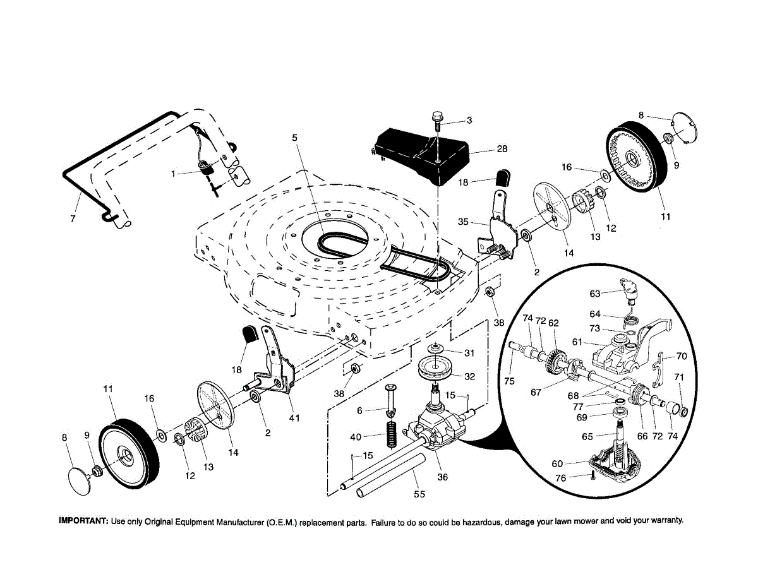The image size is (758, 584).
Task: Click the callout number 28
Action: pos(502,149)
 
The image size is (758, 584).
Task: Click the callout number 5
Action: pos(294,137)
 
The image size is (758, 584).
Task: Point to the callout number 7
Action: pos(73,218)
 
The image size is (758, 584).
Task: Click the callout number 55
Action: pos(419,494)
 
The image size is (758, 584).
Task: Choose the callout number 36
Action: pos(443,477)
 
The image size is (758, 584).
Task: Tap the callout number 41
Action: pos(294,417)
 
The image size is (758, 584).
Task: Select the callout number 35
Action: pos(464,222)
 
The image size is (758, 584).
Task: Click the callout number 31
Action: pos(469,352)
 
